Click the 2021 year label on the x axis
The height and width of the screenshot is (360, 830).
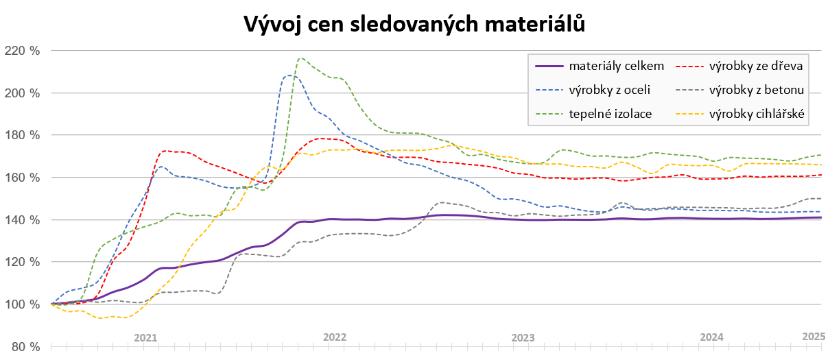(145, 337)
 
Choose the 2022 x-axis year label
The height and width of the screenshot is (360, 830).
(335, 337)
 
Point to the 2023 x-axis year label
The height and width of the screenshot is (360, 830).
(523, 337)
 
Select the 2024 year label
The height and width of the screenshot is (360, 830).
(712, 337)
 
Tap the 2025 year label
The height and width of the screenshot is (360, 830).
(814, 337)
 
